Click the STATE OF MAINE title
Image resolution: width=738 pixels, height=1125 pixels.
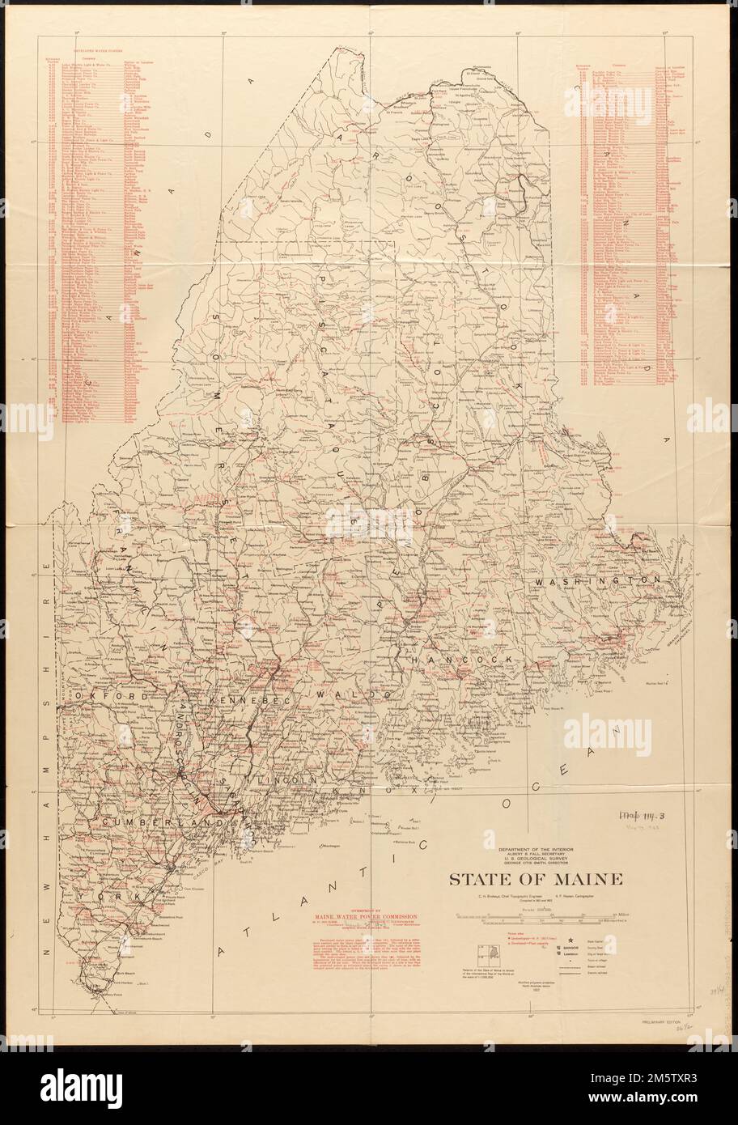(530, 880)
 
